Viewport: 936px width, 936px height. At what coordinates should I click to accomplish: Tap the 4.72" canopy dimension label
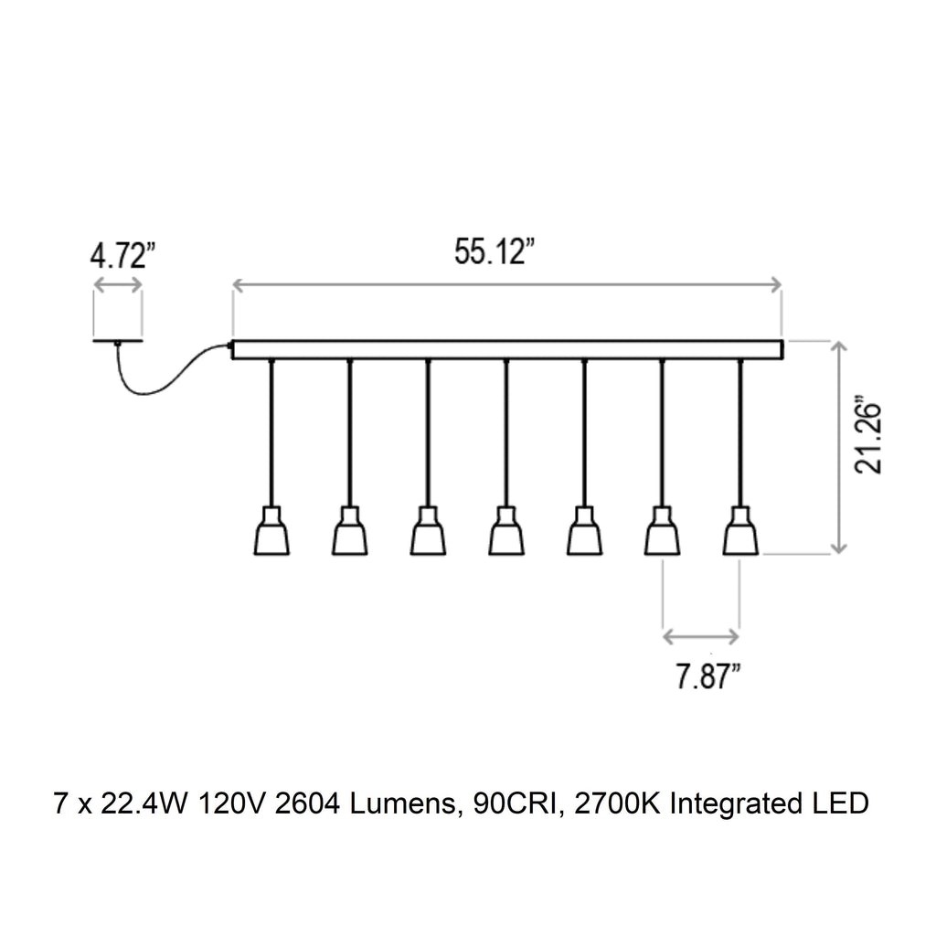[x=119, y=256]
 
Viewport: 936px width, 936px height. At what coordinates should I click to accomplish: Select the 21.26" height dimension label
[x=869, y=435]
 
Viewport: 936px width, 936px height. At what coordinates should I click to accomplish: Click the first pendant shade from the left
[x=271, y=532]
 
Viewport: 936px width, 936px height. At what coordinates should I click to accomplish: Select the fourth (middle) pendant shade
[x=506, y=532]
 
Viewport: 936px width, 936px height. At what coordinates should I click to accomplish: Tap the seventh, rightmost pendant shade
[x=740, y=532]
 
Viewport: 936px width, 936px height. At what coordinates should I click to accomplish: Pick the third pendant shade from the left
[x=428, y=532]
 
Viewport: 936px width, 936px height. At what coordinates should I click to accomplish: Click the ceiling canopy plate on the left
[x=118, y=341]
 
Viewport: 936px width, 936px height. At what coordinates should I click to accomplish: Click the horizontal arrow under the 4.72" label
[x=118, y=286]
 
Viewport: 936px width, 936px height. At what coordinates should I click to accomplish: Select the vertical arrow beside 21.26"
[x=835, y=446]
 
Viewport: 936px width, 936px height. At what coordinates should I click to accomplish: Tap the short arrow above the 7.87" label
[x=701, y=636]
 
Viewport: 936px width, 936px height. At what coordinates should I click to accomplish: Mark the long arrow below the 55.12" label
[x=507, y=286]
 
